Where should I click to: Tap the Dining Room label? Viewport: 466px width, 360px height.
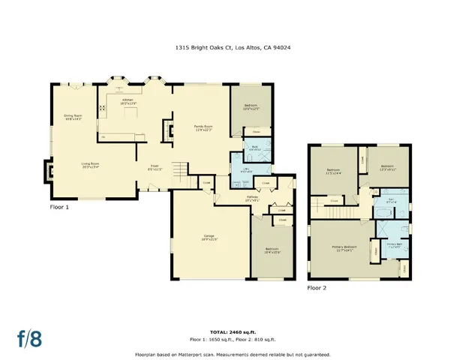72,116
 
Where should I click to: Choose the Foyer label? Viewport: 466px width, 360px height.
154,167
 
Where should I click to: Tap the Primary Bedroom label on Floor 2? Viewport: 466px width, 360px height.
344,247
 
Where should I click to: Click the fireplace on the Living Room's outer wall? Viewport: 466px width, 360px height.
50,170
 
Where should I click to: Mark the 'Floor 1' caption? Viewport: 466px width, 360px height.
59,207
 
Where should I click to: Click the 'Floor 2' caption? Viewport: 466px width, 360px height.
317,287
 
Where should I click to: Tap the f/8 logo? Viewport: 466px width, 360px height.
29,337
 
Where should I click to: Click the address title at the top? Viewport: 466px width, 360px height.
233,47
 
